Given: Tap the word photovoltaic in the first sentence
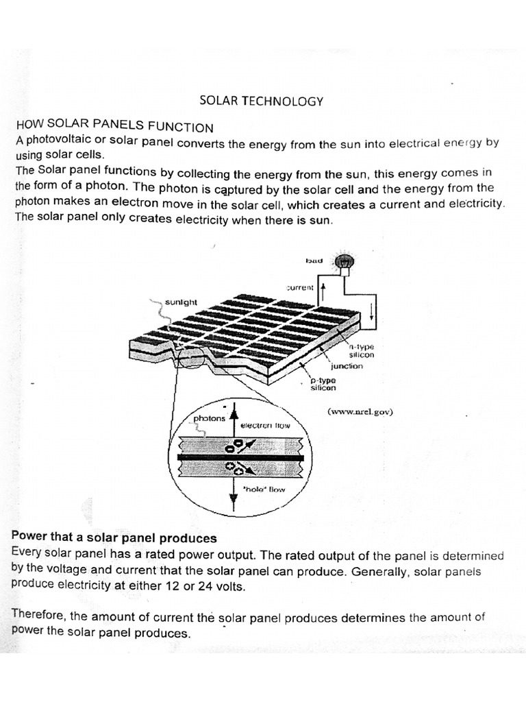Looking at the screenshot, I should coord(54,142).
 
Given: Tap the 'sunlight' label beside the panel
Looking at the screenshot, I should coord(181,301).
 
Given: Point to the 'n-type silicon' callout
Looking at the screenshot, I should coord(362,351).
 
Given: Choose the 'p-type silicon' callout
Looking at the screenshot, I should coord(323,384).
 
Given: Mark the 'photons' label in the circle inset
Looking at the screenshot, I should coord(209,419).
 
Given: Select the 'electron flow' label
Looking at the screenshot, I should coord(266,425).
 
